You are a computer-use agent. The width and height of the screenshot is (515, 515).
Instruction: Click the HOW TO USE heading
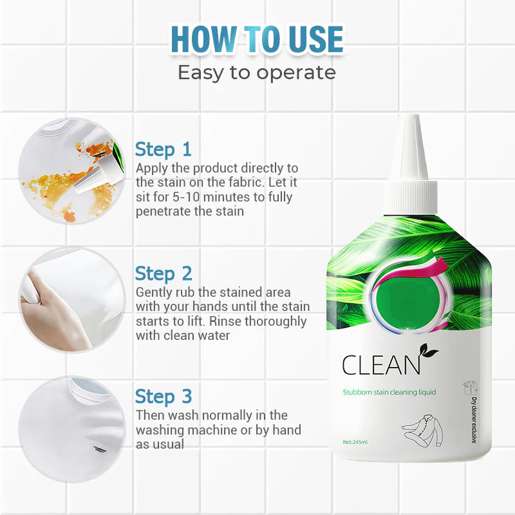click(257, 39)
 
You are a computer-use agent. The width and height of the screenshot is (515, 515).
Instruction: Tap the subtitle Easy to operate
click(257, 72)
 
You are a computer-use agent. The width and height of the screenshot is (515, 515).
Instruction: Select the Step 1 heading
click(164, 149)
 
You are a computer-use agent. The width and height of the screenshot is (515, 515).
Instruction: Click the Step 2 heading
click(164, 274)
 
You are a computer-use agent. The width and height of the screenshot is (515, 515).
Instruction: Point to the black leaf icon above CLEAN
click(427, 353)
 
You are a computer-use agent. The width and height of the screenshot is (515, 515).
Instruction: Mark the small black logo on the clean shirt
click(98, 451)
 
